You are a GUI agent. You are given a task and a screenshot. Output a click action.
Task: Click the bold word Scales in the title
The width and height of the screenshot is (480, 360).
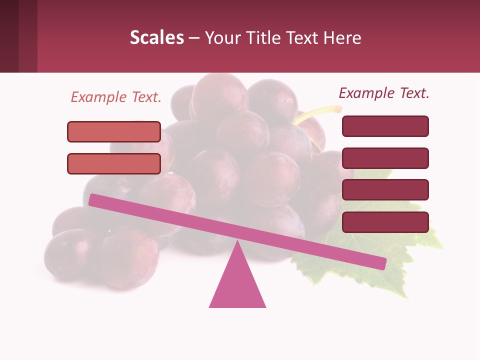pyautogui.click(x=156, y=37)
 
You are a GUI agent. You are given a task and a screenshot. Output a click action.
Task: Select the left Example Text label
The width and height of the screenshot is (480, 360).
pyautogui.click(x=116, y=97)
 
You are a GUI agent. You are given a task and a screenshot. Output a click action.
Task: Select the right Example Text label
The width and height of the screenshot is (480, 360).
pyautogui.click(x=384, y=93)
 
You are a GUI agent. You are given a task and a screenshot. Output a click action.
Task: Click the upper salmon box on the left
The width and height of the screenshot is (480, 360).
pyautogui.click(x=114, y=131)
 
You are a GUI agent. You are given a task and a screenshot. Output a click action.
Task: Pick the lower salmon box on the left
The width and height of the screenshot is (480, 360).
pyautogui.click(x=114, y=163)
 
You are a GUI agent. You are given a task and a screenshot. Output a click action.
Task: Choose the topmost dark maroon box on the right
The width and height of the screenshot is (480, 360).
pyautogui.click(x=385, y=126)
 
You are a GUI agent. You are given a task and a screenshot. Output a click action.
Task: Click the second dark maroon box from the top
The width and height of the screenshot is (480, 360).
pyautogui.click(x=385, y=158)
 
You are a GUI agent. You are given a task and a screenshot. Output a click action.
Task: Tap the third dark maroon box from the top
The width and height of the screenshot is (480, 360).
pyautogui.click(x=385, y=190)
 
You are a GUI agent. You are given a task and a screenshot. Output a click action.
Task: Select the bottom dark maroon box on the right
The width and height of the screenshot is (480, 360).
pyautogui.click(x=385, y=222)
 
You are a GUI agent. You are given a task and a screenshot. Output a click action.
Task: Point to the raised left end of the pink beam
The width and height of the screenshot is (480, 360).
pyautogui.click(x=95, y=200)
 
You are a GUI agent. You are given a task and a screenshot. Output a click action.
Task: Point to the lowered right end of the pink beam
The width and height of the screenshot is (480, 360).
pyautogui.click(x=380, y=263)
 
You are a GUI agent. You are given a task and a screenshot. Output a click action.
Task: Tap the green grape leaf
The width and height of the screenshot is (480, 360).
pyautogui.click(x=415, y=240)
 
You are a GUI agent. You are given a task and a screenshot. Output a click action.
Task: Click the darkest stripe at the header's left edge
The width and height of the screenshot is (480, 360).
pyautogui.click(x=9, y=36)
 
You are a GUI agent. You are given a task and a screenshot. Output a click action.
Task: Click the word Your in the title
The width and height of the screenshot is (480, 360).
pyautogui.click(x=220, y=37)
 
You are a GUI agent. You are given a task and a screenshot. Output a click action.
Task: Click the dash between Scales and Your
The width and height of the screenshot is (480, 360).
pyautogui.click(x=194, y=37)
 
